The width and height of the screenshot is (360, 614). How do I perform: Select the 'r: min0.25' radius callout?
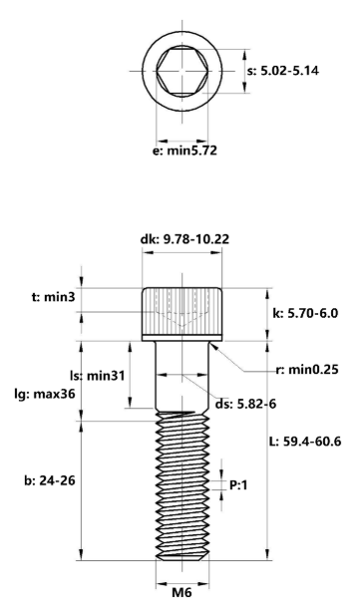coord(306,369)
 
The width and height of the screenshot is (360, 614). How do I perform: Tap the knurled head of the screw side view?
coord(180,313)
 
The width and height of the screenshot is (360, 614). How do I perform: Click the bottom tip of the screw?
coord(180,558)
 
